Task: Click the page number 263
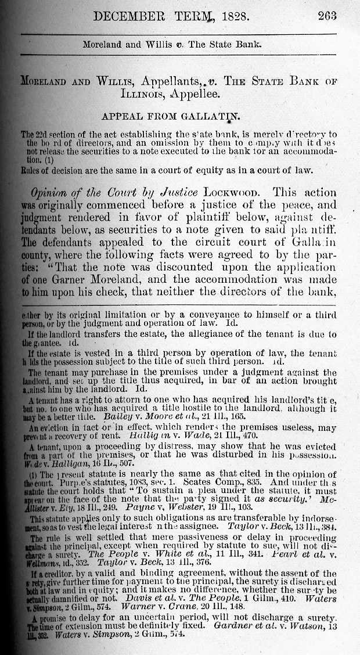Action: pos(327,17)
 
